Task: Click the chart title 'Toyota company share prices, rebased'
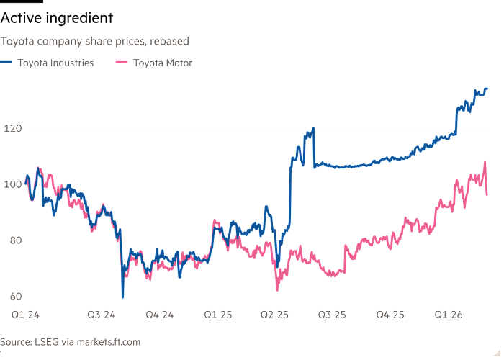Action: tap(94, 42)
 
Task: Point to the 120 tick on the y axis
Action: tap(12, 128)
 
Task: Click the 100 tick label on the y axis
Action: tap(12, 184)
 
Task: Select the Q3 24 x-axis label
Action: tap(100, 315)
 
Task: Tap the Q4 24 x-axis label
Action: tap(159, 315)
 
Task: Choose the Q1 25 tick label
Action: tap(217, 315)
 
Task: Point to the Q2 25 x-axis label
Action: tap(274, 315)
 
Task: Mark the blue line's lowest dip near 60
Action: tap(123, 294)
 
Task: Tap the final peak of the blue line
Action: tap(486, 89)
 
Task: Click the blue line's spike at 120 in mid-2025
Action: tap(314, 127)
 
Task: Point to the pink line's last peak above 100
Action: tap(485, 162)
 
